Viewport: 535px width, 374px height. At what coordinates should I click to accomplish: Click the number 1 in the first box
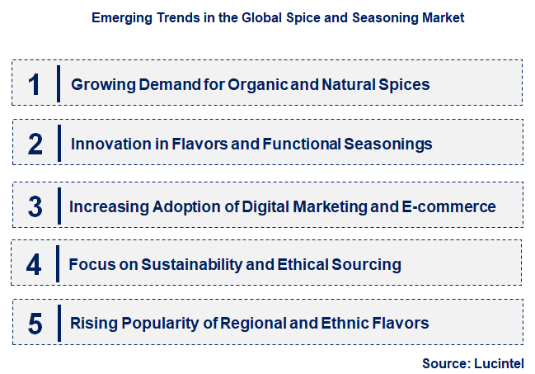[x=34, y=84]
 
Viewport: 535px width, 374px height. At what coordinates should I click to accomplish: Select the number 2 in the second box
[x=35, y=144]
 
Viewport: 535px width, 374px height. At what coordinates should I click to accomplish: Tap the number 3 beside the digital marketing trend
[x=35, y=206]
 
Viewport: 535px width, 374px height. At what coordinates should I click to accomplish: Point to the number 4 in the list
[x=34, y=264]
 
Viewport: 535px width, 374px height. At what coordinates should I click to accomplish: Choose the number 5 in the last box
[x=35, y=323]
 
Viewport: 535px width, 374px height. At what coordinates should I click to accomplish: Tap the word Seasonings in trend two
[x=389, y=144]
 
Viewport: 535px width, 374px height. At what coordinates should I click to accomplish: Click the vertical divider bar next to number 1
[x=58, y=84]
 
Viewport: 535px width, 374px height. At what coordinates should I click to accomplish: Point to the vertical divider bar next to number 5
[x=58, y=323]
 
